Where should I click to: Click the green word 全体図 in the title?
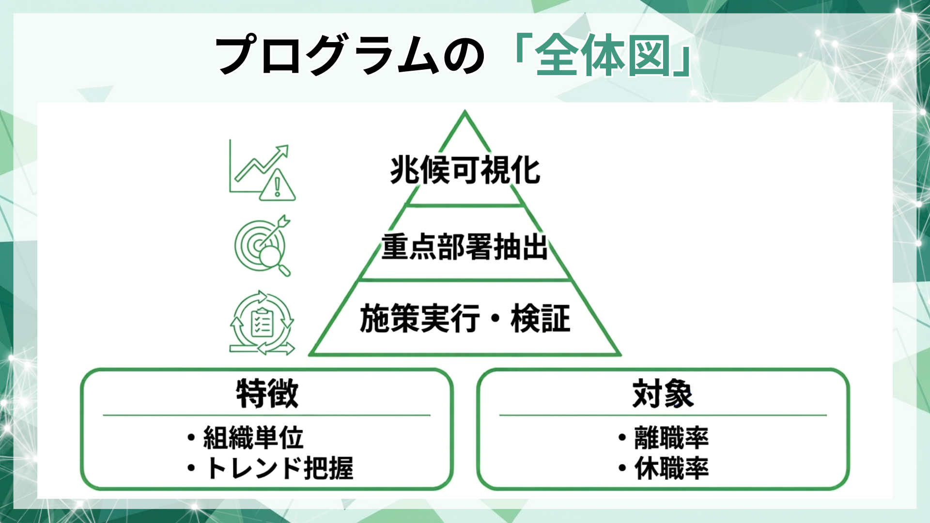(x=603, y=55)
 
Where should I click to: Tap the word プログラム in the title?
(x=327, y=55)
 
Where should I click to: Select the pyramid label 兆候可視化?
(x=465, y=170)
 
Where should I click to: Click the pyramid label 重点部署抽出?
(x=464, y=247)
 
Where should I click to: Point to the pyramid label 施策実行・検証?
(x=465, y=319)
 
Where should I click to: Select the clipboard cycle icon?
(x=262, y=323)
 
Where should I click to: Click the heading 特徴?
(x=267, y=394)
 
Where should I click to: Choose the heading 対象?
(x=663, y=394)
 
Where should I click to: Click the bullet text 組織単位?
(x=253, y=438)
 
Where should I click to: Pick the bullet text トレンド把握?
(x=280, y=468)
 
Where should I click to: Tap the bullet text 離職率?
(x=671, y=438)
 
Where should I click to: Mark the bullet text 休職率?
(x=671, y=468)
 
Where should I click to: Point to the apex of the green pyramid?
(x=465, y=112)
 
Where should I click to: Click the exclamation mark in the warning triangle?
(x=278, y=187)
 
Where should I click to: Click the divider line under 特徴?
(x=266, y=415)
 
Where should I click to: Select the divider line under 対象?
(x=663, y=415)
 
